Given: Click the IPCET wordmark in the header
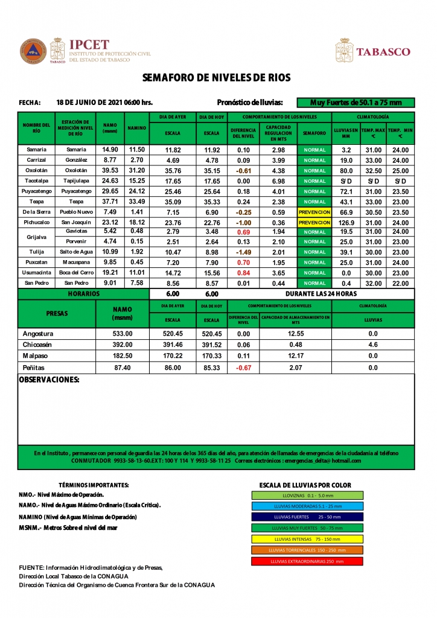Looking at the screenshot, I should coord(89,45).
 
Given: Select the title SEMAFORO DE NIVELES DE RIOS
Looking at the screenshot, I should coord(217,78).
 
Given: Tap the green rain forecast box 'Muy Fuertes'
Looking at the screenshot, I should coord(355,103).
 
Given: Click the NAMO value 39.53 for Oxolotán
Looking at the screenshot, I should coord(110,171).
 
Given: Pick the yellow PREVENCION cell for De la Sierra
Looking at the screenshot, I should coord(314,212).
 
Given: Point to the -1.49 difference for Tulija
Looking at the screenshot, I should coord(244,252).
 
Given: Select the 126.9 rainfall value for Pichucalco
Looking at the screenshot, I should coord(346,223).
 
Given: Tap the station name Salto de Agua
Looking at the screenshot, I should coord(76,252).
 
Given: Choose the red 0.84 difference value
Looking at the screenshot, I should coord(244,273).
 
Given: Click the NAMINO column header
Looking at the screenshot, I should coord(136,129).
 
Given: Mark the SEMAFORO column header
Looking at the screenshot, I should coord(314,133).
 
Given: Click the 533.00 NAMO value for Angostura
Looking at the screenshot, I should coord(123,334).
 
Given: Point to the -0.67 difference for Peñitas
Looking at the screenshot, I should coord(244,368).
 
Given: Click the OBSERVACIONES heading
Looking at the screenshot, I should coord(49,380).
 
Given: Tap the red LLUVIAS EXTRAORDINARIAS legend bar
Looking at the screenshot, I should coord(307,561).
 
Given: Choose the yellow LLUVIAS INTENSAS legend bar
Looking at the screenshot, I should coord(307,539).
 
